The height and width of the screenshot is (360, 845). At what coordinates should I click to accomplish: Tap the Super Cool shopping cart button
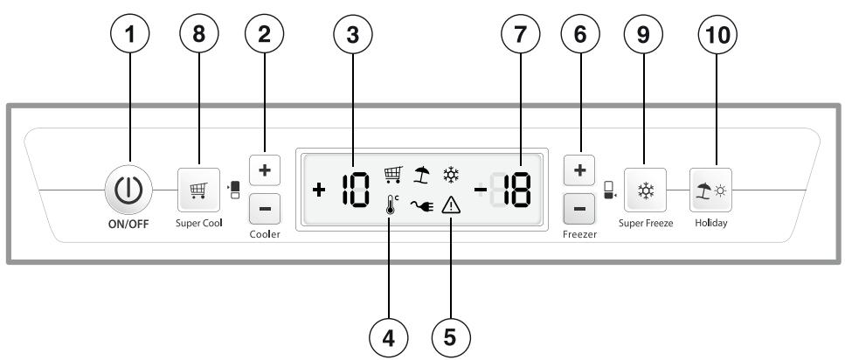[199, 190]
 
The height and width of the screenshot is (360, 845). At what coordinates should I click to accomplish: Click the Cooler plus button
[265, 170]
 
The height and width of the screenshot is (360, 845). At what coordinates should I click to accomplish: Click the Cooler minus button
[265, 209]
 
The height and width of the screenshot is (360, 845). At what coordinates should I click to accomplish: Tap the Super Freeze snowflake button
[646, 190]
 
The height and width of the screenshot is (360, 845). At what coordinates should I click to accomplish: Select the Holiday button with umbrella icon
[710, 190]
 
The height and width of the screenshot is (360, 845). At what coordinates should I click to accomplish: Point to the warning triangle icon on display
[450, 205]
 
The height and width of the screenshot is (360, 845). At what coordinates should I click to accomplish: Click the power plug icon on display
[422, 206]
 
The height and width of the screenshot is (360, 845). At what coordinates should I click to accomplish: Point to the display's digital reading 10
[356, 190]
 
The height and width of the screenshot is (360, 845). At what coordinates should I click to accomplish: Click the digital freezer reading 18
[516, 190]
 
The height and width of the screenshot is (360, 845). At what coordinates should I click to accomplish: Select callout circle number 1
[130, 33]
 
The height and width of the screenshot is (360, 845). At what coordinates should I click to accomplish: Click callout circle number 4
[389, 338]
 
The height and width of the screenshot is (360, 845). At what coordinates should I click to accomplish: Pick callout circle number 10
[717, 33]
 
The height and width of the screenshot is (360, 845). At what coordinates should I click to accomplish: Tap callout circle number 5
[452, 338]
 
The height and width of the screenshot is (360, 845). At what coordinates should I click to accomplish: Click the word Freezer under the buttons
[580, 234]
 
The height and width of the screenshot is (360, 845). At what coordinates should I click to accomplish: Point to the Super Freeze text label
[646, 223]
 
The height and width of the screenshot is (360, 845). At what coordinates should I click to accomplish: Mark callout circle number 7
[520, 33]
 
